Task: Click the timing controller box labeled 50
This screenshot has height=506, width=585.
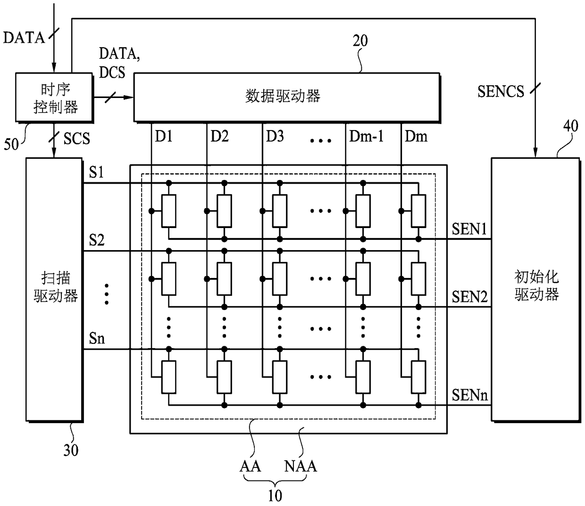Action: (54, 98)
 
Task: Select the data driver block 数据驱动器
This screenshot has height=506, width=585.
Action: (287, 98)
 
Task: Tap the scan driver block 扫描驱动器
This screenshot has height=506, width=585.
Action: (54, 290)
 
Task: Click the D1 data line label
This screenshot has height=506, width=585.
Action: (164, 136)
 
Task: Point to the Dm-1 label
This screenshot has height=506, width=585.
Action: (366, 136)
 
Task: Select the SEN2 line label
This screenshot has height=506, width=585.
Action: (469, 297)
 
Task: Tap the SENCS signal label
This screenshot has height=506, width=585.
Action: (501, 91)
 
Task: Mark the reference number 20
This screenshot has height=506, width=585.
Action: (360, 41)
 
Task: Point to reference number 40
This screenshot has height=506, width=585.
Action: (570, 126)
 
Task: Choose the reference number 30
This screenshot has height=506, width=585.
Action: (71, 450)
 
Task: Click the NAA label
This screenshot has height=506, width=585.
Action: (301, 466)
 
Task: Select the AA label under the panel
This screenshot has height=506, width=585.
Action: (250, 466)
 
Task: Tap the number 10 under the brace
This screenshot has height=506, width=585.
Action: (275, 496)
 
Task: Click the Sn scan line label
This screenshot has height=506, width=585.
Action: (97, 338)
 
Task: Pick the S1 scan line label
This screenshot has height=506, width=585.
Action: (96, 172)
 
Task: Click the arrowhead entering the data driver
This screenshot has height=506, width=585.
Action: (129, 98)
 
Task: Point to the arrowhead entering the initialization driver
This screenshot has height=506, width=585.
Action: (535, 153)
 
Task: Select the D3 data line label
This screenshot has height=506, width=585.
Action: (275, 136)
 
